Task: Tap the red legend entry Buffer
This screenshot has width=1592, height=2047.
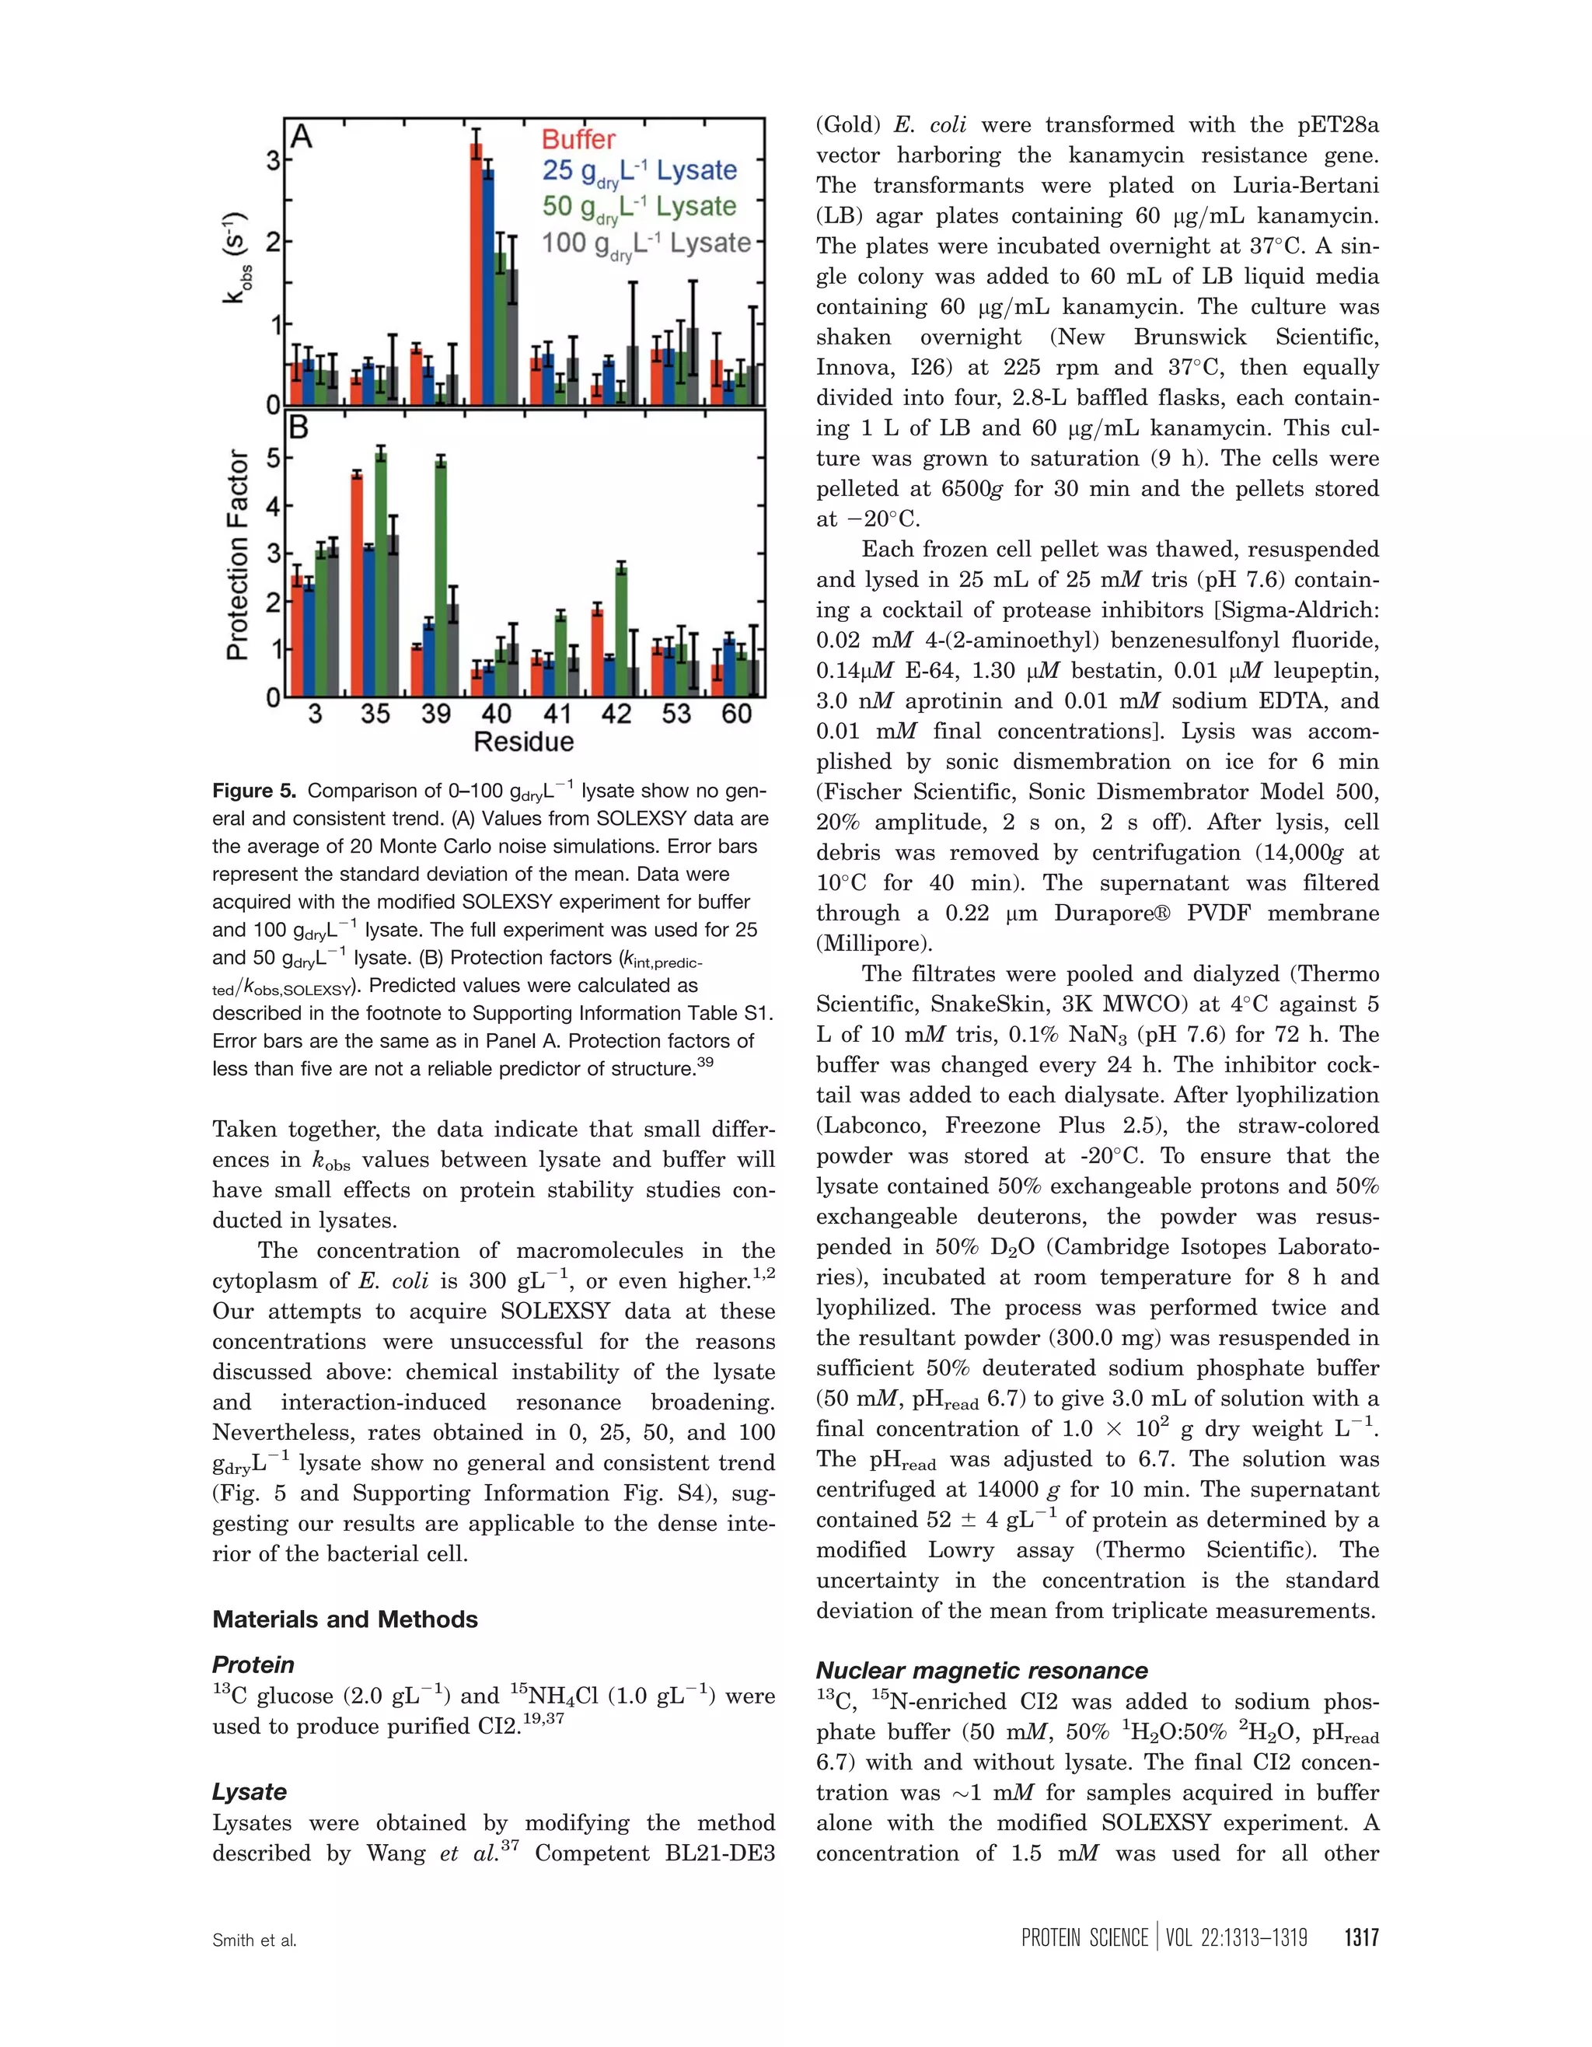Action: (578, 140)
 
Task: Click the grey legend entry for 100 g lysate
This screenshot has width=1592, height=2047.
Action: (646, 243)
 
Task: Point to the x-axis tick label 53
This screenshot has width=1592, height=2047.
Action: (676, 714)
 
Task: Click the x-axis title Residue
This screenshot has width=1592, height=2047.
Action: (523, 742)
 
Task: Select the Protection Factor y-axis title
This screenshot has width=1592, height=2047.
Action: (239, 555)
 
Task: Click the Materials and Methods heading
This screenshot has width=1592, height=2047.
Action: (345, 1619)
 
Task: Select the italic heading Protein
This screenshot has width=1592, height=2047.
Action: (253, 1664)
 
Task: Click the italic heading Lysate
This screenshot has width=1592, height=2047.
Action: (250, 1791)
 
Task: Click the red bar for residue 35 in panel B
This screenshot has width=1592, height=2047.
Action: (357, 585)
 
